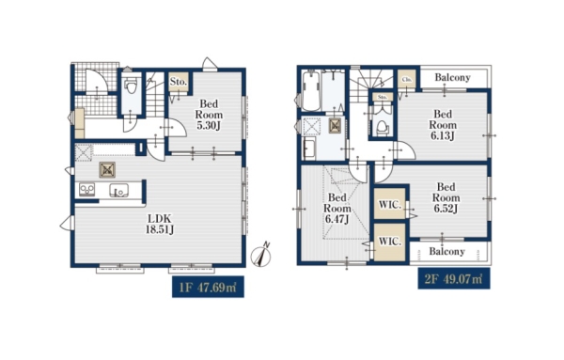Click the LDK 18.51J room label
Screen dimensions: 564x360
pyautogui.click(x=160, y=224)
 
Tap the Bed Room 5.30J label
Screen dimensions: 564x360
pyautogui.click(x=209, y=115)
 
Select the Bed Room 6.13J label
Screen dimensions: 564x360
pyautogui.click(x=443, y=125)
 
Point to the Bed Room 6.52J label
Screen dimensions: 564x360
pyautogui.click(x=446, y=197)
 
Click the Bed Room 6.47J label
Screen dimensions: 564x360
pyautogui.click(x=337, y=209)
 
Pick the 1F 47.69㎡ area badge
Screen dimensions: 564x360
pyautogui.click(x=208, y=287)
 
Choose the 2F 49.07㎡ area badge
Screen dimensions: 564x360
pyautogui.click(x=454, y=278)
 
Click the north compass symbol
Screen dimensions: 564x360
pyautogui.click(x=262, y=256)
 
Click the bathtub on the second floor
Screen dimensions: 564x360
pyautogui.click(x=311, y=91)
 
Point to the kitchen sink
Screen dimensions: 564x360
pyautogui.click(x=118, y=190)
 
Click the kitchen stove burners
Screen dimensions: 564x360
pyautogui.click(x=86, y=190)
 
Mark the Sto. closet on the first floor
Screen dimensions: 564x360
pyautogui.click(x=179, y=82)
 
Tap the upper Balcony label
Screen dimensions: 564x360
pyautogui.click(x=452, y=77)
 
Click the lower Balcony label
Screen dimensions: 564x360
pyautogui.click(x=446, y=251)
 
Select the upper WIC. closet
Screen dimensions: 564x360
pyautogui.click(x=390, y=204)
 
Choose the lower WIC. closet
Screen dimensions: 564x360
pyautogui.click(x=390, y=242)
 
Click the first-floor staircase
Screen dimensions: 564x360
pyautogui.click(x=155, y=94)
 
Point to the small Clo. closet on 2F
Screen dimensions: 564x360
pyautogui.click(x=407, y=79)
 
